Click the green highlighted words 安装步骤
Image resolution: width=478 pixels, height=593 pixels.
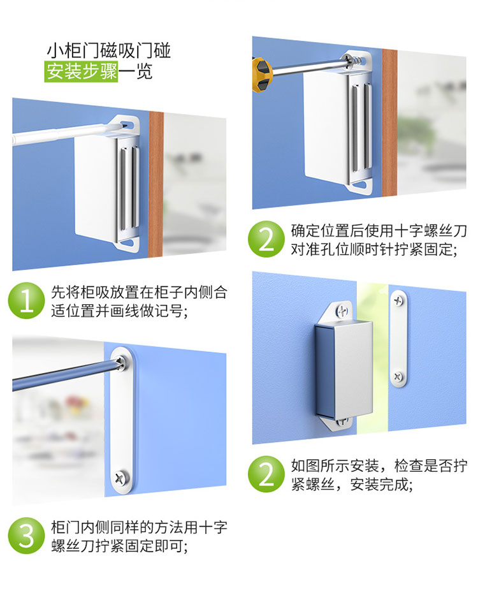(x=81, y=71)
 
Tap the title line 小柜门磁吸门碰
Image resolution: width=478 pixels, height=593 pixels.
(x=108, y=50)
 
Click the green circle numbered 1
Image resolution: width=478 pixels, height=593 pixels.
(x=27, y=301)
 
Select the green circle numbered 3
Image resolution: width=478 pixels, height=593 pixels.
(x=27, y=536)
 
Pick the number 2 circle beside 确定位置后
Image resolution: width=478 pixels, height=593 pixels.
(x=266, y=239)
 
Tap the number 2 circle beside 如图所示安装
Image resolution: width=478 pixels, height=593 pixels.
(x=266, y=474)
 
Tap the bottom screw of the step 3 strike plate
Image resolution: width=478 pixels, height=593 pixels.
(x=122, y=478)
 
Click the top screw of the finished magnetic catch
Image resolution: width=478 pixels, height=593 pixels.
(x=342, y=312)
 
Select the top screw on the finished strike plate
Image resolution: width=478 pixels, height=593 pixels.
(x=398, y=301)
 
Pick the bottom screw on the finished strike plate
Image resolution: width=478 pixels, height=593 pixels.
(x=398, y=376)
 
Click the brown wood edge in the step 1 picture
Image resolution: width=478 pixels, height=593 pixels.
(x=156, y=184)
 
